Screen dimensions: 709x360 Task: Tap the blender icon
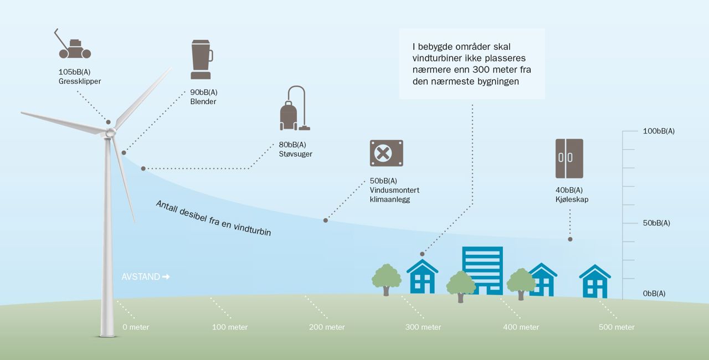tap(202, 59)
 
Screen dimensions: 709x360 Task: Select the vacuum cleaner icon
tap(295, 108)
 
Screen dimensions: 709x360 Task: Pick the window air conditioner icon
tap(387, 153)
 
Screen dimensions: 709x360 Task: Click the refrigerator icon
tap(569, 158)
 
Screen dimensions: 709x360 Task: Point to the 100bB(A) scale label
tap(659, 131)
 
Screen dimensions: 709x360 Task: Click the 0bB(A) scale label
tap(654, 294)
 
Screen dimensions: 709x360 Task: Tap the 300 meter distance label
tap(423, 327)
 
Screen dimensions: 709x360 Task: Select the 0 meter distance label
tap(136, 327)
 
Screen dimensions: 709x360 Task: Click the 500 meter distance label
tap(616, 327)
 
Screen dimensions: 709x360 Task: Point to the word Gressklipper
tap(80, 81)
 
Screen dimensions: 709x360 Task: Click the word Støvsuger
tap(295, 154)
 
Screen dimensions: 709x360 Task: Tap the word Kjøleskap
tap(572, 199)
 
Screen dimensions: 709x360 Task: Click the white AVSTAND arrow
tap(166, 277)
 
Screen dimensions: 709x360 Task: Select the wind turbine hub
tap(110, 132)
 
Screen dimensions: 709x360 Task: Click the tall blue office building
tap(482, 270)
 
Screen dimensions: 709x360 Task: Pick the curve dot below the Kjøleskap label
tap(570, 239)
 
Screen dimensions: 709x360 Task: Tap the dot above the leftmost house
tap(422, 254)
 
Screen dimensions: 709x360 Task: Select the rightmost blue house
tap(595, 281)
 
